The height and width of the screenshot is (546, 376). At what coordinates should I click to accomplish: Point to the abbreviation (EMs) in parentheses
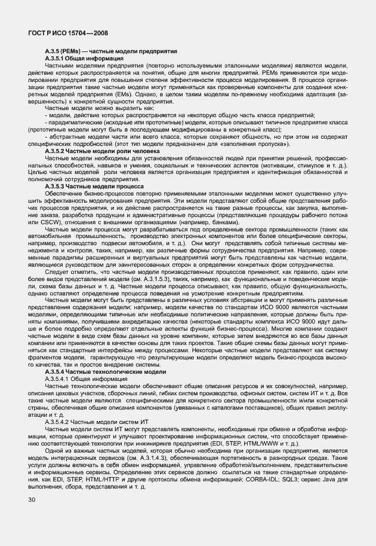pos(134,95)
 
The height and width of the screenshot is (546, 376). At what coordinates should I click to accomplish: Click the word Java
pos(328,478)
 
